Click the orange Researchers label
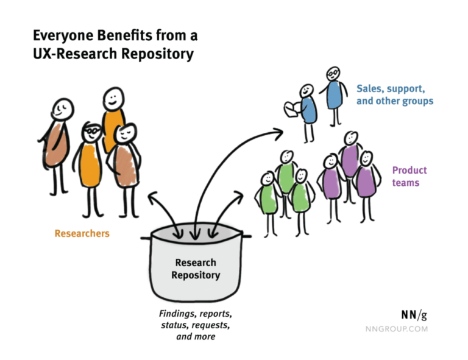click(82, 233)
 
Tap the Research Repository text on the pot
click(196, 269)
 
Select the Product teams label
click(409, 176)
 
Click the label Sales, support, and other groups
click(395, 94)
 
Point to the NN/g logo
click(414, 315)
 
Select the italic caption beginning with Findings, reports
click(196, 325)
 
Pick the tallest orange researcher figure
click(113, 122)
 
